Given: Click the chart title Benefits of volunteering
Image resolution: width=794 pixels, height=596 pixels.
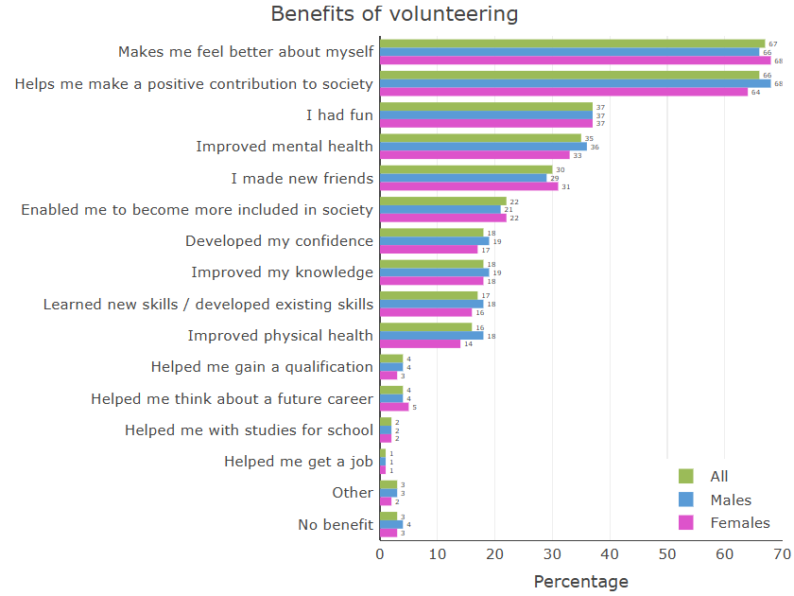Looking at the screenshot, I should (394, 14).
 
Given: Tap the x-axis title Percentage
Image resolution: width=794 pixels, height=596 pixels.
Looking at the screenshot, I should (580, 581).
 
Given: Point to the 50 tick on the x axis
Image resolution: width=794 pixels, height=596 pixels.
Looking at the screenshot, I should (667, 555).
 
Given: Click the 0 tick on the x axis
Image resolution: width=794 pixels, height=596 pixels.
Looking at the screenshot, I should (380, 555).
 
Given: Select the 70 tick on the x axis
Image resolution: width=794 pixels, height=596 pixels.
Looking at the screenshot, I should (782, 555).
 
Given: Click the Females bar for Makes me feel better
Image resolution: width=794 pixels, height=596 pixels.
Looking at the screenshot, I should (575, 61).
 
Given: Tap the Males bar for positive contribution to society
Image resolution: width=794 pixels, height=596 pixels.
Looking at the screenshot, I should (575, 83).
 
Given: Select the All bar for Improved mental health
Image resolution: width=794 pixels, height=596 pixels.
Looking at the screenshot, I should (480, 138).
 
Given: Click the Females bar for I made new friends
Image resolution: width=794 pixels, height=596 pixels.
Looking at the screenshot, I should (469, 186).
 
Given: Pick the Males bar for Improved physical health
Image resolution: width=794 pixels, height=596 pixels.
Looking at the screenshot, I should (431, 335).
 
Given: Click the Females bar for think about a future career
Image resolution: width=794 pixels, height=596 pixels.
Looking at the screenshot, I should (394, 407).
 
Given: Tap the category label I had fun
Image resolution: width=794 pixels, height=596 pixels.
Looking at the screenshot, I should (339, 115).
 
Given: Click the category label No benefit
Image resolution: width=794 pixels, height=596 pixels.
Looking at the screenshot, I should (336, 524).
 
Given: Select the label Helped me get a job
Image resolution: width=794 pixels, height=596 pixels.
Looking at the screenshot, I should (299, 462).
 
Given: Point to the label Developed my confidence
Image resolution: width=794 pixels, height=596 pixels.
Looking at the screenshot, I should (279, 241).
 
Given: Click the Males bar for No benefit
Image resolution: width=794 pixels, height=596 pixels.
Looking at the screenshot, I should (391, 524).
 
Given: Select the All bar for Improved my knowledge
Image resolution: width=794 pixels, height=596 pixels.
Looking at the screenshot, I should (431, 264).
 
